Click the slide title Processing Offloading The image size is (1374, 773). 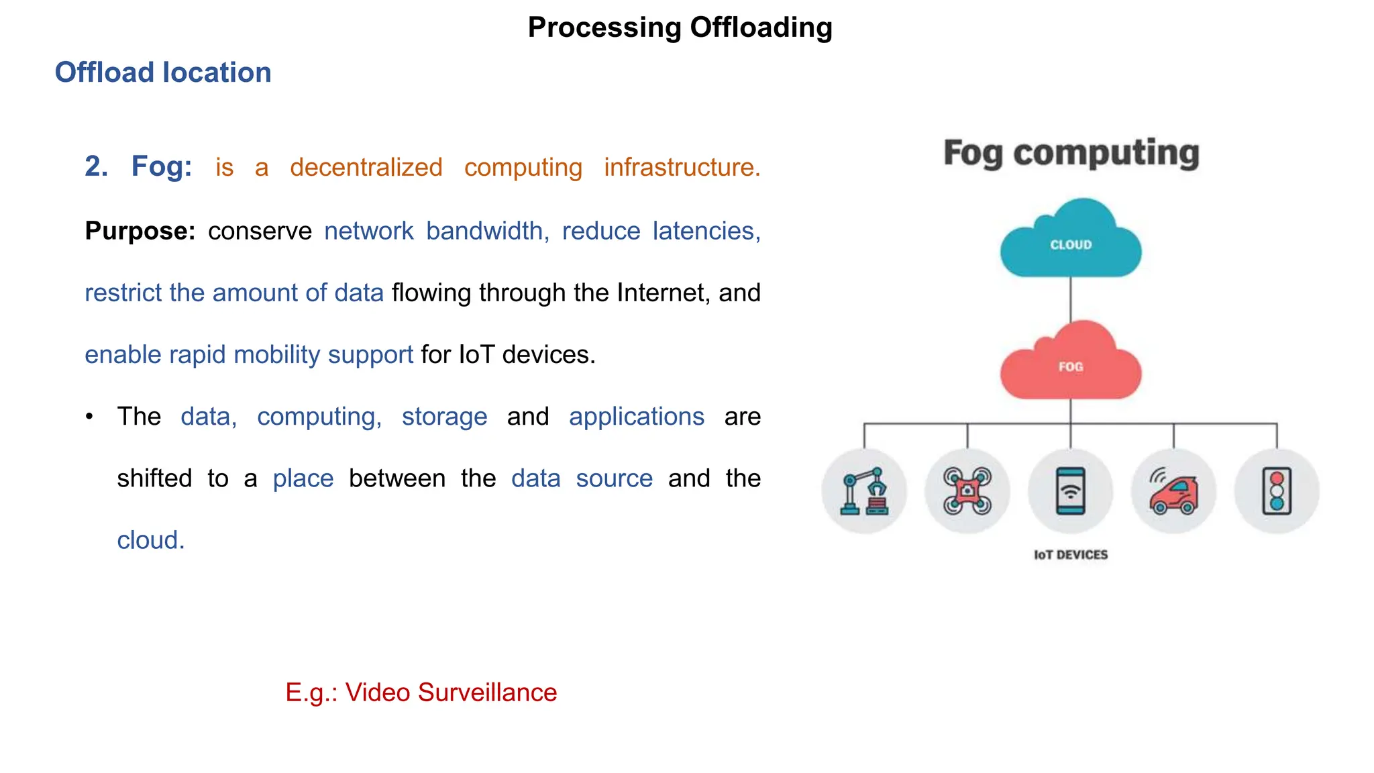680,28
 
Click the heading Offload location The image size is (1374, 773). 163,72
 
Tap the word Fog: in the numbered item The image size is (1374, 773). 162,166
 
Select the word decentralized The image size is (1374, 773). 366,167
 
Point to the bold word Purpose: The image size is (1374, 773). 140,231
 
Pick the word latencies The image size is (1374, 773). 706,231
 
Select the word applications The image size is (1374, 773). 637,417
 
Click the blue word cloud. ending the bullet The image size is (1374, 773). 151,540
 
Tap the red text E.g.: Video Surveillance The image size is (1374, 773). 421,692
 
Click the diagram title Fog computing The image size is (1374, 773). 1071,154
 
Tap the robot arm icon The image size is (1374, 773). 864,491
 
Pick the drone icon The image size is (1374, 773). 967,491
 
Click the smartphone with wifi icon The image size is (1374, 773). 1071,491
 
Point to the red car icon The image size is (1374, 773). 1173,493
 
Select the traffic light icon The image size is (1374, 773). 1277,491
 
